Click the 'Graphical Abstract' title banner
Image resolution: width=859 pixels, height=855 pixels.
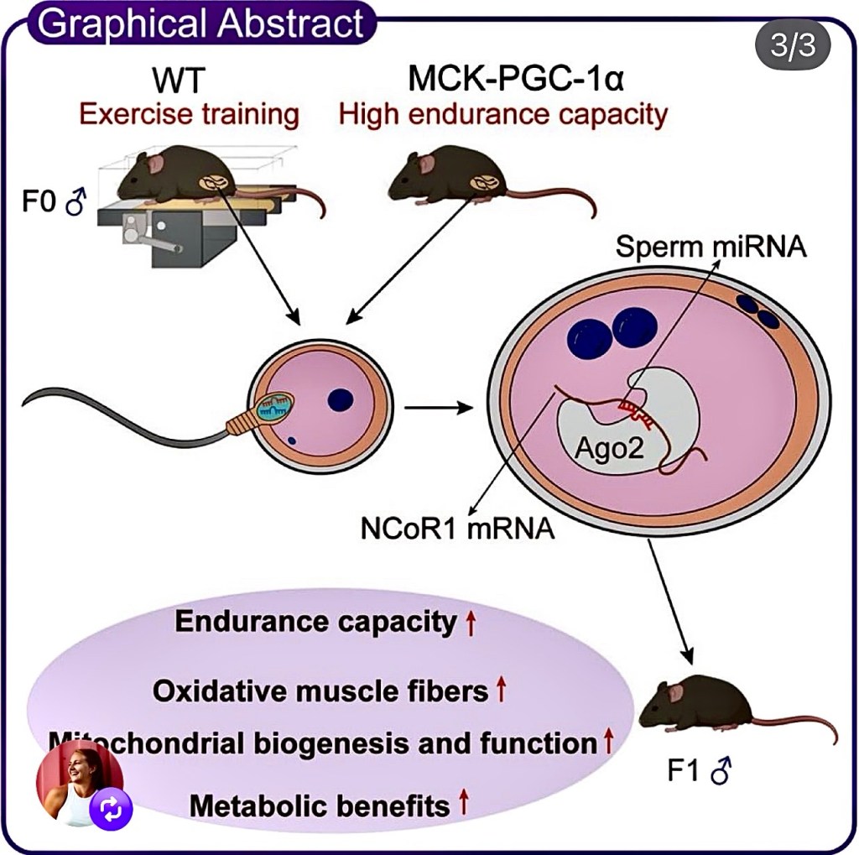pyautogui.click(x=201, y=23)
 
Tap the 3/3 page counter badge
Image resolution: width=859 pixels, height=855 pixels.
pyautogui.click(x=793, y=44)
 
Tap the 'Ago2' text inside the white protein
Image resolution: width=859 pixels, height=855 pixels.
pyautogui.click(x=610, y=450)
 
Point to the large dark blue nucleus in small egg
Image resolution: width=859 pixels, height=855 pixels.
pyautogui.click(x=340, y=400)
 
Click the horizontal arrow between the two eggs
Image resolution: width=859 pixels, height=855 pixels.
pyautogui.click(x=437, y=409)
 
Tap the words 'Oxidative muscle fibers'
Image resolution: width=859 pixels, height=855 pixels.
pyautogui.click(x=320, y=691)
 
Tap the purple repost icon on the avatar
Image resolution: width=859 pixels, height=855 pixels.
pyautogui.click(x=112, y=810)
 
